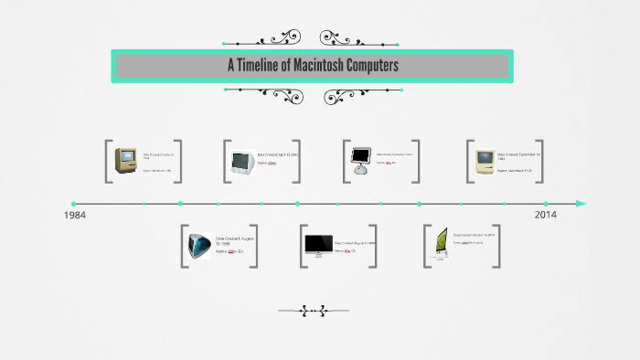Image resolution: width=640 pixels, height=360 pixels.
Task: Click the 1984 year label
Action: [x=76, y=216]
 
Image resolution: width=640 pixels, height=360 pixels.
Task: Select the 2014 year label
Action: [x=546, y=216]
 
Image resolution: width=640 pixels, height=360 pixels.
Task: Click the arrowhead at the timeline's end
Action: [x=581, y=204]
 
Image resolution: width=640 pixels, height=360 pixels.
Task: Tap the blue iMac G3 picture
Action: [x=200, y=246]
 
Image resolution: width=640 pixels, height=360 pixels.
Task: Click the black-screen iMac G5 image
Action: [x=318, y=245]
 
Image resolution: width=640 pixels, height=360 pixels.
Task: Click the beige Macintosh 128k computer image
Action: [x=125, y=162]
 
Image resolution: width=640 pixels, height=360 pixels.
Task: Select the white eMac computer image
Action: [x=241, y=163]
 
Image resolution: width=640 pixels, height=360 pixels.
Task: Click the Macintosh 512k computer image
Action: [x=484, y=163]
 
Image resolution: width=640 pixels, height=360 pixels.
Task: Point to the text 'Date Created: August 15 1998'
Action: [x=235, y=240]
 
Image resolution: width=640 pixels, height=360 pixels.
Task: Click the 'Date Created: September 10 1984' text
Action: [x=518, y=156]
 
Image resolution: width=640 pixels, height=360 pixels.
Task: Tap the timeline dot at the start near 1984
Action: [x=73, y=204]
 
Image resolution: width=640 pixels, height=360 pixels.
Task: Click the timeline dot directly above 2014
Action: [x=546, y=204]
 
